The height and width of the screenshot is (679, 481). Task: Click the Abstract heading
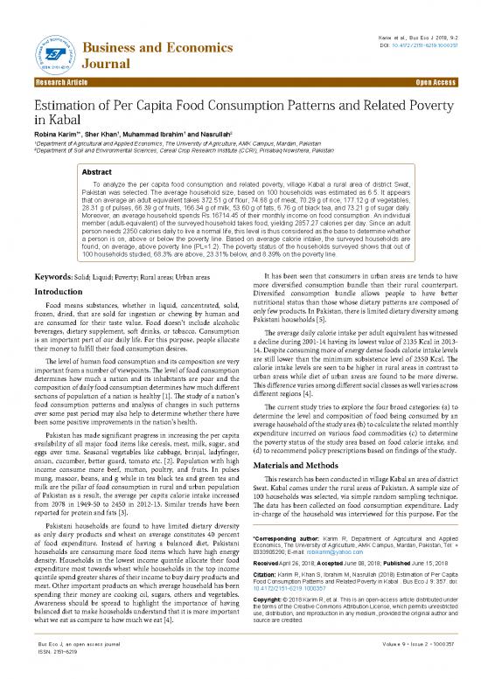coord(96,148)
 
